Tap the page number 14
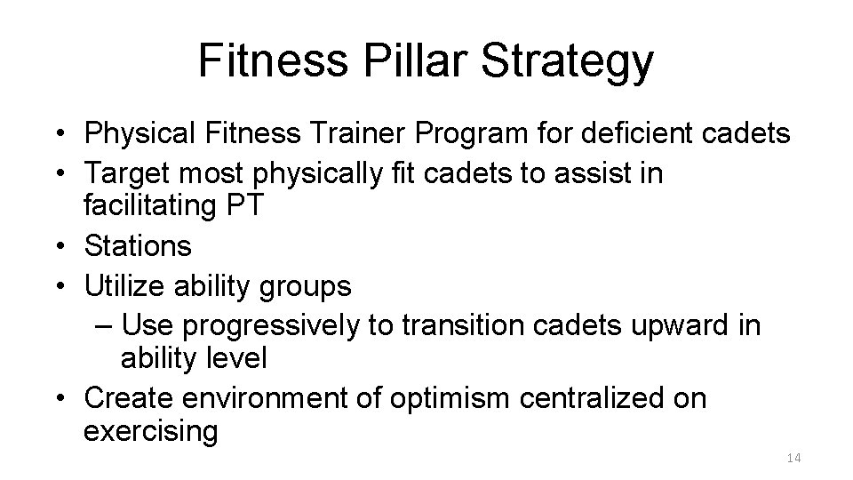point(793,458)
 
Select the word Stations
point(138,244)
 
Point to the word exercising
point(150,432)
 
